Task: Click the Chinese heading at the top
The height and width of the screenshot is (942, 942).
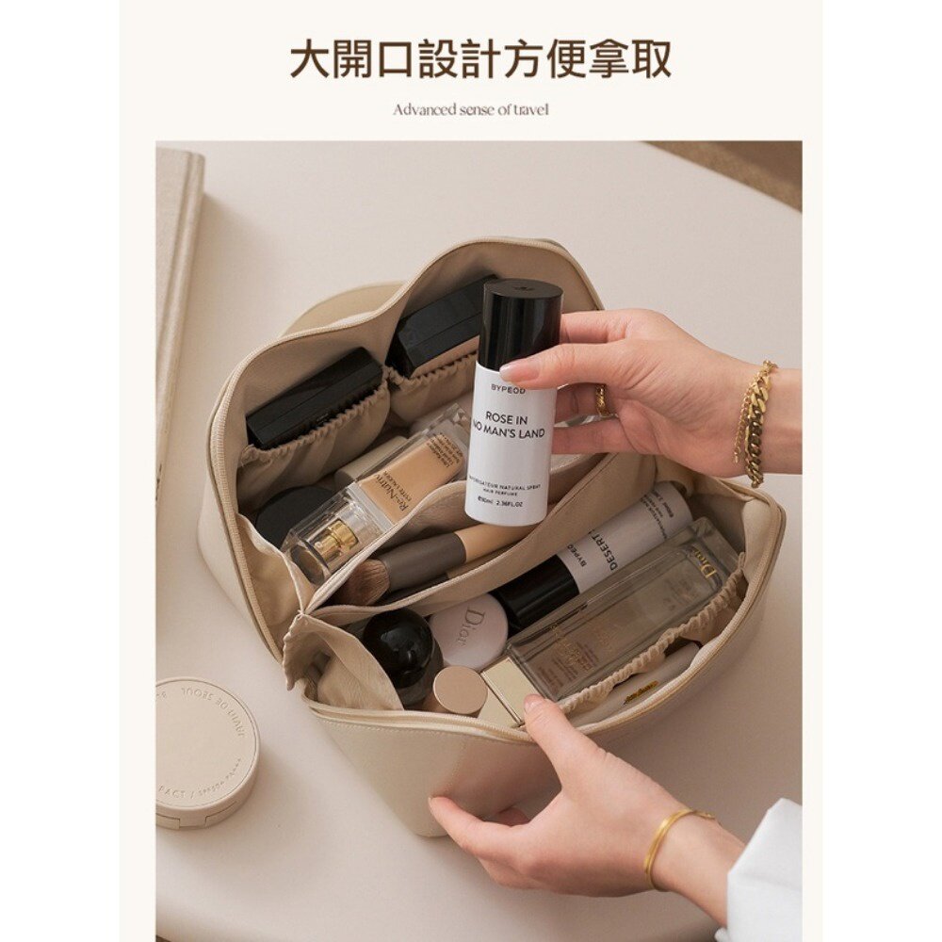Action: point(479,58)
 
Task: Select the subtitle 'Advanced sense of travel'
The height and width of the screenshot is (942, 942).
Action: point(470,109)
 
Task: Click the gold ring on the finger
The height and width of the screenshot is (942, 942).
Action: point(602,402)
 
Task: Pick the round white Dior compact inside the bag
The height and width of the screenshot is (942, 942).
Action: point(471,631)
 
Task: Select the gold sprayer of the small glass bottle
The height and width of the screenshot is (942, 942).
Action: point(335,540)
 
